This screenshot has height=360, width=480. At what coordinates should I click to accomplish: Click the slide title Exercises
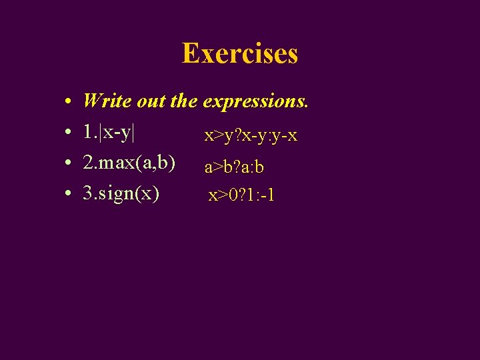click(x=240, y=53)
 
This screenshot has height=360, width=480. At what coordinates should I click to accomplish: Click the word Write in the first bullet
click(x=107, y=101)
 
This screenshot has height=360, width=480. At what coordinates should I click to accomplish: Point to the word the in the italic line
click(x=184, y=101)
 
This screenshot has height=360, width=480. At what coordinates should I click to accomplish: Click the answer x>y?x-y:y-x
click(x=251, y=136)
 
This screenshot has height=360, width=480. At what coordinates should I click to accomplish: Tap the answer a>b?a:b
click(x=234, y=167)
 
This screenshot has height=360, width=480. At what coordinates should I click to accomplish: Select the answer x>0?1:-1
click(x=242, y=196)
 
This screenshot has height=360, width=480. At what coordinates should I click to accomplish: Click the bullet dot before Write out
click(x=69, y=103)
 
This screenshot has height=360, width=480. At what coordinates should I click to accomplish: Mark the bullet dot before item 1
click(x=69, y=133)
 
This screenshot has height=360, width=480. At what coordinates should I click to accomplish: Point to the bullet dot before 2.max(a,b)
click(x=69, y=164)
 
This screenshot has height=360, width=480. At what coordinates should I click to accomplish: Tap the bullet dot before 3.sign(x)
click(x=69, y=195)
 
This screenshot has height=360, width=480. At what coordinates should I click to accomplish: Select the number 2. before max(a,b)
click(x=89, y=163)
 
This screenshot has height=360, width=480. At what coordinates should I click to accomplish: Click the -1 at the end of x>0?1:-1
click(x=269, y=196)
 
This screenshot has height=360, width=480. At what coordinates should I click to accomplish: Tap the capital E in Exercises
click(x=191, y=53)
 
